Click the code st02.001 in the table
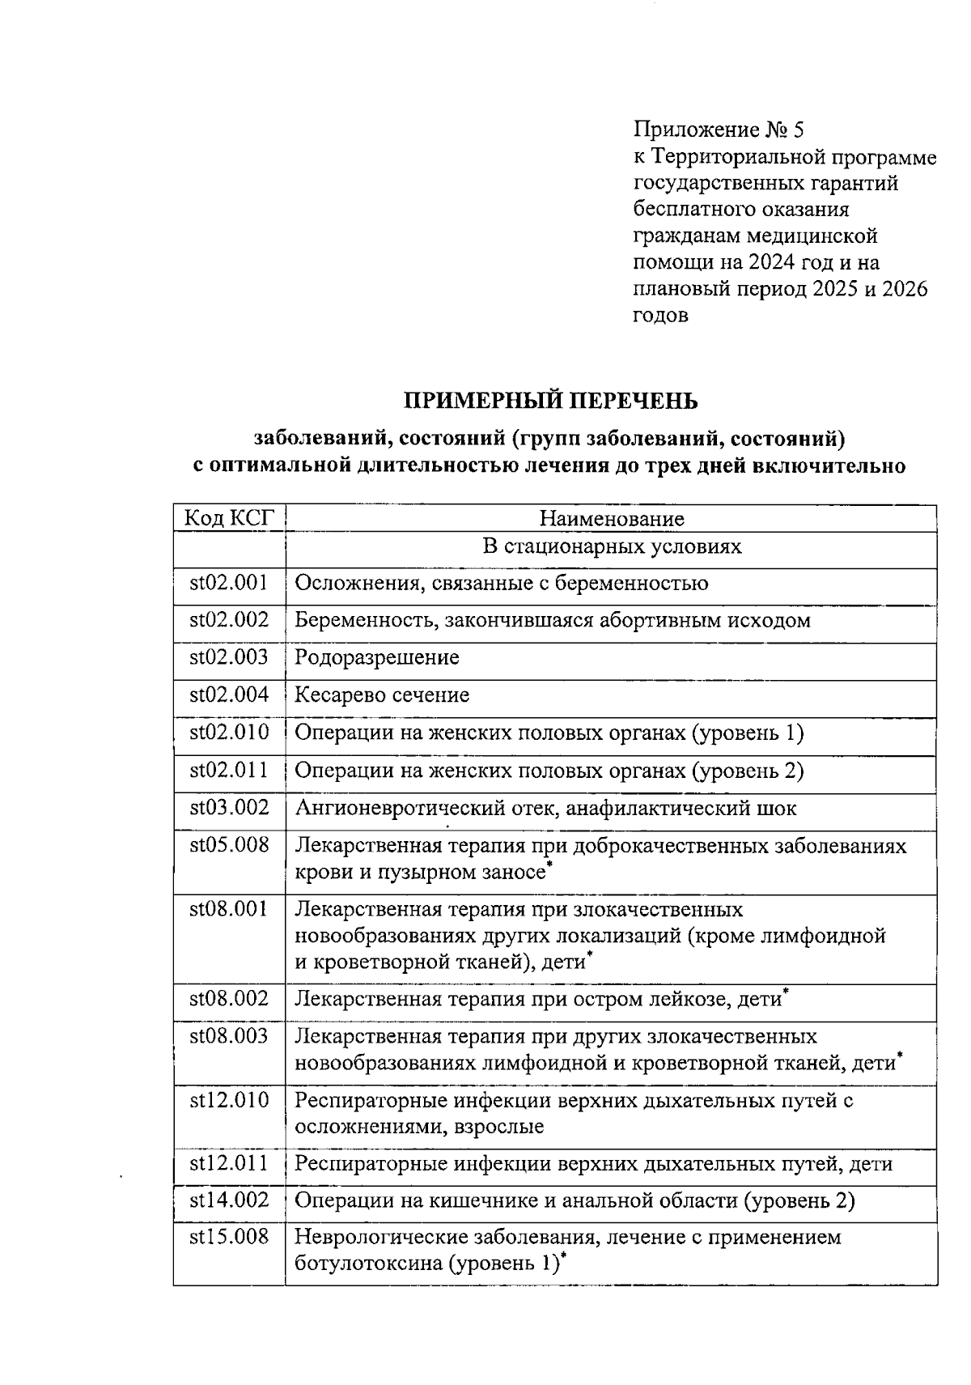(x=229, y=583)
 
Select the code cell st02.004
(x=229, y=695)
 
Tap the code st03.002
(x=229, y=807)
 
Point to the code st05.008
(x=229, y=845)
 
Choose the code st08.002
(x=229, y=998)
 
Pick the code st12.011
(x=229, y=1163)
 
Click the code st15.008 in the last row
(x=229, y=1237)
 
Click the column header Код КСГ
(x=229, y=518)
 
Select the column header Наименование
(x=611, y=518)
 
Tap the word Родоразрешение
(x=376, y=657)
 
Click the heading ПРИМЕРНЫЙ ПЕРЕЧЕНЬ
(x=550, y=401)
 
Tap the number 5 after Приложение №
(x=799, y=130)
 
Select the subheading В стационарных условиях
(x=611, y=546)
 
